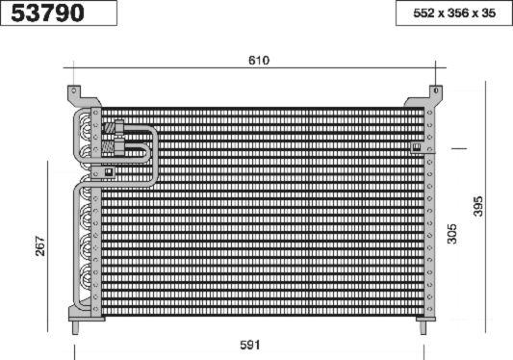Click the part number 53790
coord(47,13)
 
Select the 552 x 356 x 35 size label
coord(454,13)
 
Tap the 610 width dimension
coord(259,61)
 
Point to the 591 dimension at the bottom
coord(250,345)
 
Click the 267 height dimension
coord(40,245)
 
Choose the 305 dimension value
coord(452,234)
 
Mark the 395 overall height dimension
coord(478,206)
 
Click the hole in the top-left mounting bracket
coord(74,90)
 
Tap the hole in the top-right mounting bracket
coord(436,90)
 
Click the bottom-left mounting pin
coord(75,327)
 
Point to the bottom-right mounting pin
coord(423,327)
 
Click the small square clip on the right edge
coord(417,147)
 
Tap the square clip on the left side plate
coord(109,171)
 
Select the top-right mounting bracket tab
coord(426,96)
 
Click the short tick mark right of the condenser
coord(459,148)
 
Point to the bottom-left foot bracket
coord(86,314)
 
